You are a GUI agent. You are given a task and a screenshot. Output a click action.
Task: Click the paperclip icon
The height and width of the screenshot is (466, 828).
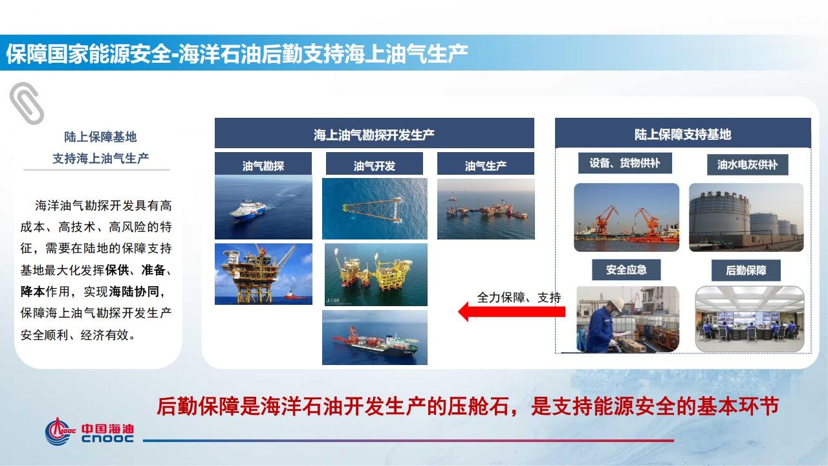click(27, 103)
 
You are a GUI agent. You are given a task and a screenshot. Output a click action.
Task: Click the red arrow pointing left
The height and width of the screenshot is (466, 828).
click(512, 312)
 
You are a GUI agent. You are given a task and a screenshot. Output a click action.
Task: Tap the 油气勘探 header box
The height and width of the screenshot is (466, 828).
click(263, 164)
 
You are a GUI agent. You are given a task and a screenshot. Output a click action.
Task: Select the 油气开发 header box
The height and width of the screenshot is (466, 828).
click(375, 164)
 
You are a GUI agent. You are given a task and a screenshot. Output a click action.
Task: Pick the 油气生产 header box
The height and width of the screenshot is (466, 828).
click(486, 164)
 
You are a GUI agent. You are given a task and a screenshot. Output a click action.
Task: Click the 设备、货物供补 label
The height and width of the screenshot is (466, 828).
click(625, 163)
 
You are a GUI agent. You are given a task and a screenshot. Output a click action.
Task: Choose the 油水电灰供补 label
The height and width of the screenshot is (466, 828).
click(747, 164)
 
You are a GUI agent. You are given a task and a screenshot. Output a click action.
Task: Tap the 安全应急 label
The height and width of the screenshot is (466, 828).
click(626, 270)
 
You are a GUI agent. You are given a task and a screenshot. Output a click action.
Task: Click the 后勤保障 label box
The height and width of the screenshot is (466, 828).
click(746, 271)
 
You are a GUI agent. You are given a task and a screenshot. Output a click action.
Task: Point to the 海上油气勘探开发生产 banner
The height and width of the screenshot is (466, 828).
click(375, 133)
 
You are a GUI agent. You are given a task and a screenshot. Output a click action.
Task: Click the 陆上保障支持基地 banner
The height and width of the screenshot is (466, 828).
click(683, 133)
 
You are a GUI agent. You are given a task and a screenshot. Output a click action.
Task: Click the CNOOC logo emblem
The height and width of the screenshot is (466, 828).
click(59, 431)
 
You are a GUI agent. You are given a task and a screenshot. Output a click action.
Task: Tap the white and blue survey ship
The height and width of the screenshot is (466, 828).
click(248, 211)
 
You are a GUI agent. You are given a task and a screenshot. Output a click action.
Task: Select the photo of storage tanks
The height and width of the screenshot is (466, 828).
click(746, 217)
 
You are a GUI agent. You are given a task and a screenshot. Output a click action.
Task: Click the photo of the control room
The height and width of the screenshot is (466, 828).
click(750, 319)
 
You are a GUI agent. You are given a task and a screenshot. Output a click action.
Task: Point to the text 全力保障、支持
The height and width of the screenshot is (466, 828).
click(519, 297)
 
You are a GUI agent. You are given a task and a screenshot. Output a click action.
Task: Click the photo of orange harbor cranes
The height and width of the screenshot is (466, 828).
click(627, 217)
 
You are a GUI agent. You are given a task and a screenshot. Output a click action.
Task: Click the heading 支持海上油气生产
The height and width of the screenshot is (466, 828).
click(100, 159)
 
